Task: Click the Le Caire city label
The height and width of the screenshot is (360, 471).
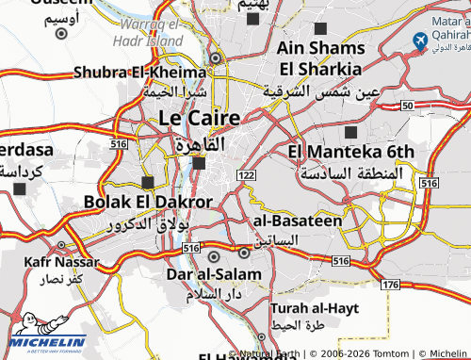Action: click(199, 118)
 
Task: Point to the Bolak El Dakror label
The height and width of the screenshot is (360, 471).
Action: click(148, 202)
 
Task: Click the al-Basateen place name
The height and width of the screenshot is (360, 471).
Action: click(298, 221)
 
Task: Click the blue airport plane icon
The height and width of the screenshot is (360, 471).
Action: click(420, 41)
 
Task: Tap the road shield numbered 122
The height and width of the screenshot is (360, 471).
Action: click(247, 175)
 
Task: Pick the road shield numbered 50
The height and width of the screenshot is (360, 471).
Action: click(406, 106)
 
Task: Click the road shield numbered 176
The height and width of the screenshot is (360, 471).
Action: click(390, 284)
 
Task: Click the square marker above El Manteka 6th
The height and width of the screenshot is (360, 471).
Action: click(351, 132)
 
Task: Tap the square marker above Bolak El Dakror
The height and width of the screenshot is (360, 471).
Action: click(147, 182)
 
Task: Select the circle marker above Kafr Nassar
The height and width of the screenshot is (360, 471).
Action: click(61, 241)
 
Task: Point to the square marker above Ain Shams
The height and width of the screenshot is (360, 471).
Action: click(320, 29)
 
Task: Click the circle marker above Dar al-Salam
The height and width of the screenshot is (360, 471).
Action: click(214, 255)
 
